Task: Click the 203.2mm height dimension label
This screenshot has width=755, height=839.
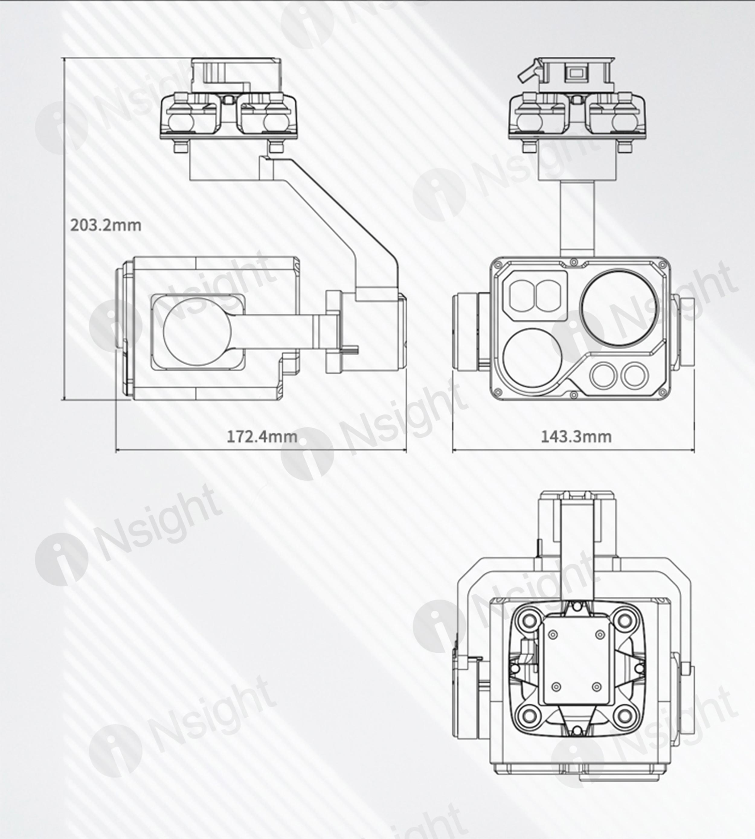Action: point(106,225)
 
